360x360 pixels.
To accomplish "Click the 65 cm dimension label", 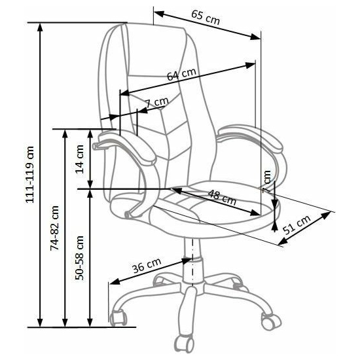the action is (206, 18).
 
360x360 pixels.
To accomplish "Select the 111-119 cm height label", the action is (30, 175).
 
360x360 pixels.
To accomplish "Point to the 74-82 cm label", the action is (54, 228).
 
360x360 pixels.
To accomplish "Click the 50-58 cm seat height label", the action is (80, 258).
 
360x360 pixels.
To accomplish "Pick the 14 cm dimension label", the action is (80, 159).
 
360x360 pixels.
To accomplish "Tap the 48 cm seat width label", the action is (222, 198).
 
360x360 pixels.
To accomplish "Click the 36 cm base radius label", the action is (147, 265).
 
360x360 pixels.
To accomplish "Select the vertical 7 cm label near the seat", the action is (267, 182).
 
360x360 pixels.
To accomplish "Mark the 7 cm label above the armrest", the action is (158, 102).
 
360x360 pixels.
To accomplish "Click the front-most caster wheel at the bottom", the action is (184, 344).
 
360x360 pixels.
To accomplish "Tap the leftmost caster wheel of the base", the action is (118, 317).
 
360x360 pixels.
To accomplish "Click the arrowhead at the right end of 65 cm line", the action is (255, 37).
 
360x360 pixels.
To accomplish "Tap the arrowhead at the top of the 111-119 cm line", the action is (40, 27).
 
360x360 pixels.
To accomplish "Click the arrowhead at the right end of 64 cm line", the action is (250, 65).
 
